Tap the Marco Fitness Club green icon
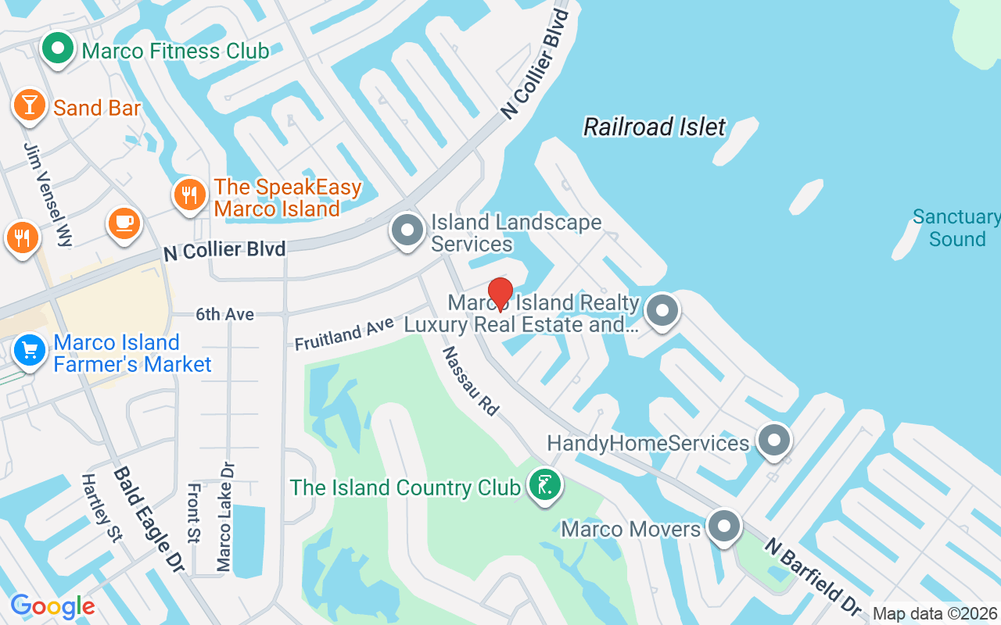pos(57,50)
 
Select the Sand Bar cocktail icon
pos(30,105)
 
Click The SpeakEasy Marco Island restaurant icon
pos(190,195)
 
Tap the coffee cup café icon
pos(124,223)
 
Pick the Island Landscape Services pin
pos(407,231)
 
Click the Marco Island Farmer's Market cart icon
pos(30,351)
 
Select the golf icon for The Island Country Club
pos(544,485)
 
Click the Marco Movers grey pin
pos(724,526)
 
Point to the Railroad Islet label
pos(655,127)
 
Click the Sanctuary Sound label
pos(956,228)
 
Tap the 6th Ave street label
pos(225,314)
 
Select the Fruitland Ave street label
pos(345,333)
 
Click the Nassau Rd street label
pos(470,380)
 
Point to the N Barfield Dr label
pos(813,576)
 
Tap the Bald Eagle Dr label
pos(148,520)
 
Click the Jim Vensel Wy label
pos(48,195)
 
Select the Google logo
pos(52,606)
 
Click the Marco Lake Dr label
pos(225,516)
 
